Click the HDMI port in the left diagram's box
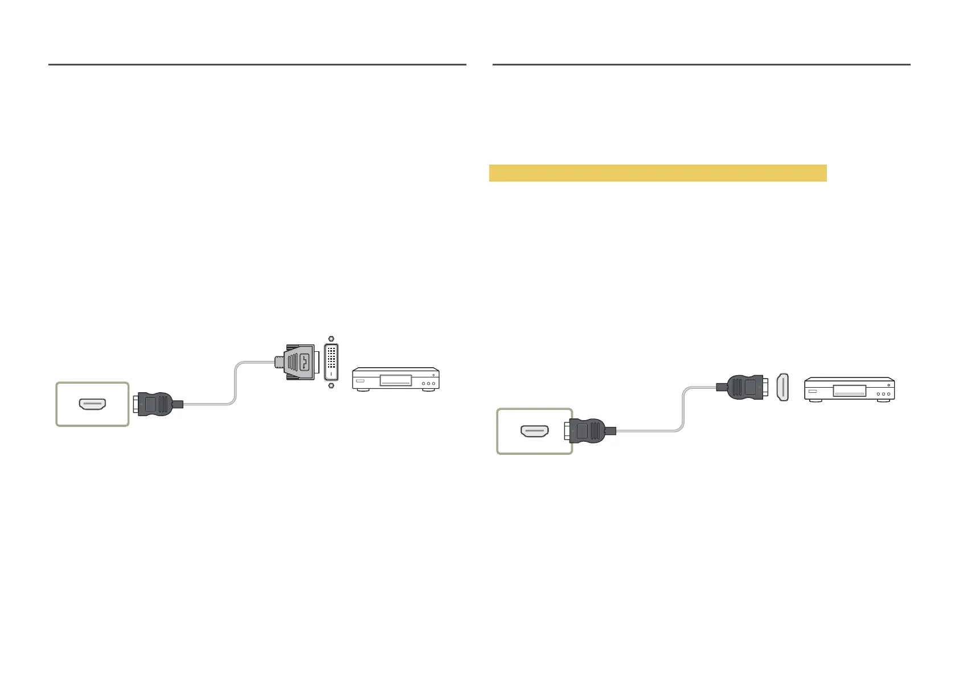pyautogui.click(x=92, y=405)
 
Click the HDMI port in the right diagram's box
pyautogui.click(x=534, y=432)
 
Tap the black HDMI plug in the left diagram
pyautogui.click(x=155, y=404)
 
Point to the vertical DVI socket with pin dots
pyautogui.click(x=331, y=361)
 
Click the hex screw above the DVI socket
pyautogui.click(x=331, y=339)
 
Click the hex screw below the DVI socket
pyautogui.click(x=331, y=385)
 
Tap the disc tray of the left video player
pyautogui.click(x=395, y=380)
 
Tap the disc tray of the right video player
pyautogui.click(x=849, y=391)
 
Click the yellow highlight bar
pyautogui.click(x=658, y=173)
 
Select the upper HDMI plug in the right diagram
pyautogui.click(x=743, y=387)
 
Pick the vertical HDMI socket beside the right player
pyautogui.click(x=783, y=388)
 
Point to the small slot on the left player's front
pyautogui.click(x=360, y=380)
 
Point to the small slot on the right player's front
pyautogui.click(x=812, y=391)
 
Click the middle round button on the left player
pyautogui.click(x=429, y=384)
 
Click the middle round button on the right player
pyautogui.click(x=883, y=394)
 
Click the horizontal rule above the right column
pyautogui.click(x=701, y=65)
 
